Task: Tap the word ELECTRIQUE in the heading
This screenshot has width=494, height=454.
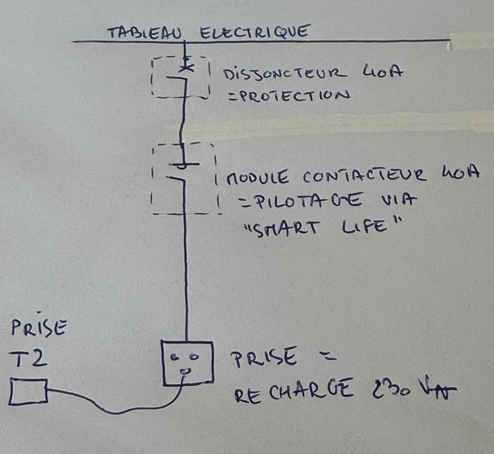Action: [256, 32]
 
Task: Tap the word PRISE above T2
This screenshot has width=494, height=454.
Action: [39, 327]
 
